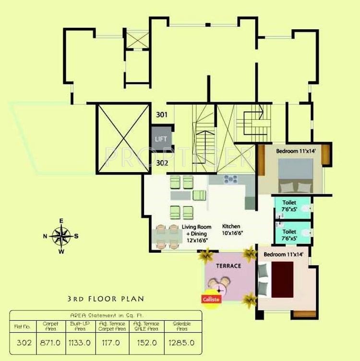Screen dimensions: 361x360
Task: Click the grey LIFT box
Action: coord(161,138)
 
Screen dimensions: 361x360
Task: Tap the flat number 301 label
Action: coord(162,115)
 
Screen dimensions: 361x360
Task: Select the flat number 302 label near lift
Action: coord(162,163)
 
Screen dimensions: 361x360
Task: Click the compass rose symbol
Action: coord(61,236)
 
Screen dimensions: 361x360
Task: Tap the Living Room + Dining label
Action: coord(194,233)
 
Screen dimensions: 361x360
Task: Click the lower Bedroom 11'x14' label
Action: coord(284,255)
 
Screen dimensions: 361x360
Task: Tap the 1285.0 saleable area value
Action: coord(184,343)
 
